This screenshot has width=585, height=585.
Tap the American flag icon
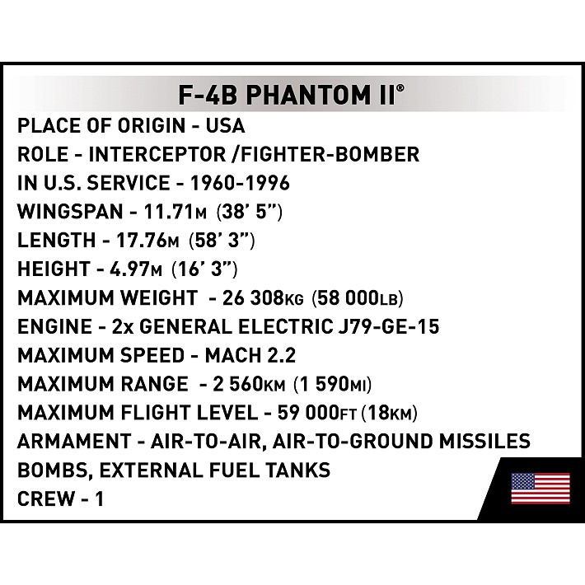(x=541, y=488)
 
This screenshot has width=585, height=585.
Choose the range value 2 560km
(x=254, y=385)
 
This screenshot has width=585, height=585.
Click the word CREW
(x=47, y=499)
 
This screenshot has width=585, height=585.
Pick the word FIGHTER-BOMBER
(x=326, y=154)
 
